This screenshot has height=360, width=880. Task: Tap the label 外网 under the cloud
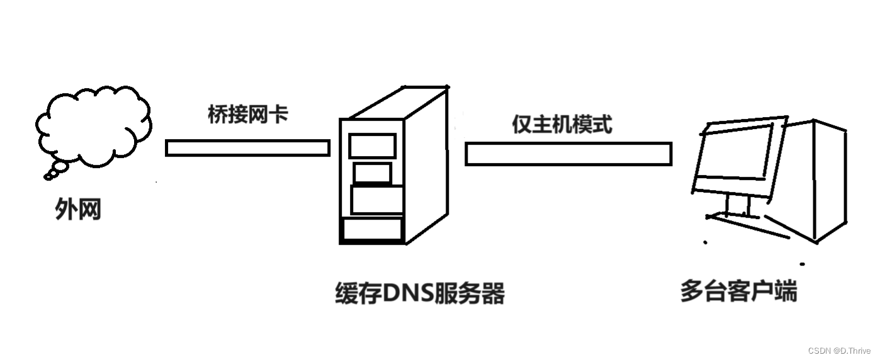[78, 210]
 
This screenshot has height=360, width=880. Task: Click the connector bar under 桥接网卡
[247, 148]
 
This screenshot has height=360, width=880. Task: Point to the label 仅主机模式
[561, 124]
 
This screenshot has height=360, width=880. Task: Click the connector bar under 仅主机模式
[568, 154]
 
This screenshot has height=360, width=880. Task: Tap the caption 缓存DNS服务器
[420, 293]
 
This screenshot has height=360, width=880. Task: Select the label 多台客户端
[738, 291]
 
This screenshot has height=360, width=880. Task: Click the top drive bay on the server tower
[373, 145]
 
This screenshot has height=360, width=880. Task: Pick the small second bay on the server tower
[373, 173]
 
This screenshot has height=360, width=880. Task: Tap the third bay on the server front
[376, 200]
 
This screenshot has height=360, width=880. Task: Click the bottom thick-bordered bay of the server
[372, 230]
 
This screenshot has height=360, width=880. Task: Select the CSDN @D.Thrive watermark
[838, 351]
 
